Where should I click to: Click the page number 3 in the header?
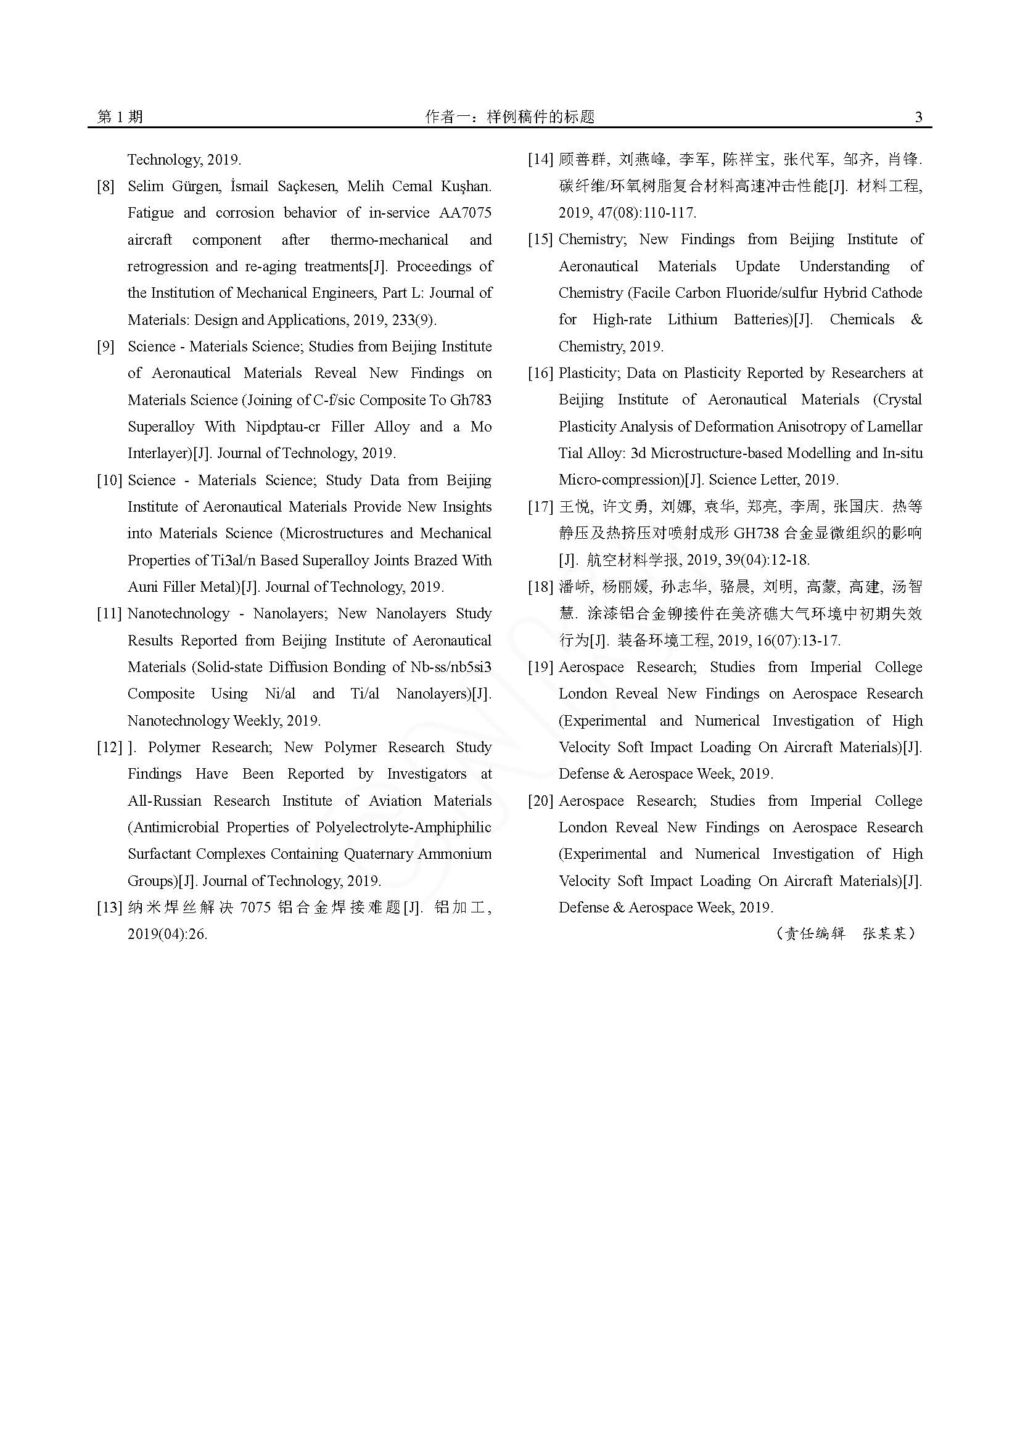(918, 117)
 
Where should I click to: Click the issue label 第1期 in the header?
(120, 117)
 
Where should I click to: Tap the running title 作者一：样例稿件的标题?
(509, 117)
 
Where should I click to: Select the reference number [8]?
(105, 187)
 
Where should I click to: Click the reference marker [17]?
(540, 507)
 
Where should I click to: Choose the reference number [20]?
(540, 801)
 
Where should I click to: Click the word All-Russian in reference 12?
(165, 801)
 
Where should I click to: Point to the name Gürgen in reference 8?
(195, 187)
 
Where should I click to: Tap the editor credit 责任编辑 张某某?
(845, 934)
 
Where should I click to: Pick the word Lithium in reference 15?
(692, 320)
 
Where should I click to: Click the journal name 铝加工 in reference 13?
(460, 907)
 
